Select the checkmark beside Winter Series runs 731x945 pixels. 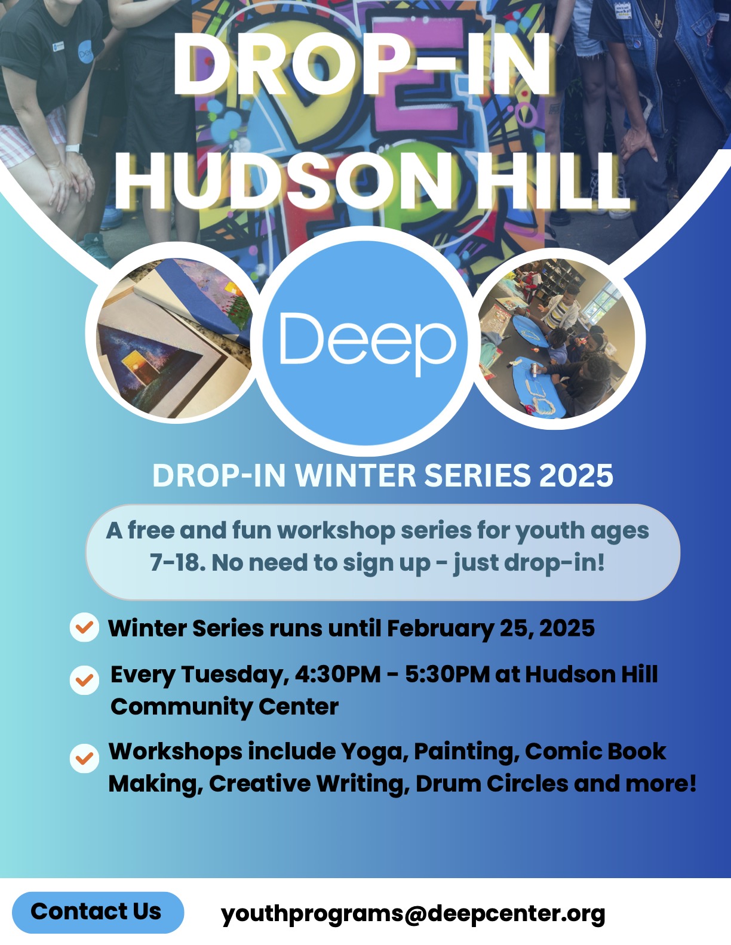tap(84, 627)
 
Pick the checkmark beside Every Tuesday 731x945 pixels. tap(84, 680)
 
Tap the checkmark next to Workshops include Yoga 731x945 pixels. tap(84, 758)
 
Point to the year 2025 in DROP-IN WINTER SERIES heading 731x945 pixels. tap(576, 475)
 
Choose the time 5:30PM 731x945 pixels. tap(447, 675)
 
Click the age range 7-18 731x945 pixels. tap(177, 562)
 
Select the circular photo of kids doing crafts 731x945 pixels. tap(557, 338)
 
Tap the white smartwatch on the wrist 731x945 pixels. tap(73, 148)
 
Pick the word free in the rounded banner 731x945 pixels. tap(150, 531)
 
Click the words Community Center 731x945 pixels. tap(225, 706)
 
